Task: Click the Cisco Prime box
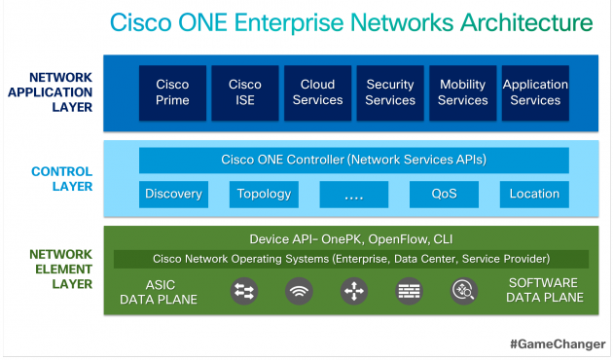(x=172, y=92)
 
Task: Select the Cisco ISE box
(x=245, y=92)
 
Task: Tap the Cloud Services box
(x=317, y=92)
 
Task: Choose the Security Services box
(x=390, y=92)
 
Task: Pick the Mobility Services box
(x=463, y=92)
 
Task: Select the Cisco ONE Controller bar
(x=354, y=160)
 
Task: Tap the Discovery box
(x=173, y=194)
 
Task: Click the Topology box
(x=264, y=194)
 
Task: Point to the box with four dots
(x=353, y=194)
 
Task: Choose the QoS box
(x=445, y=194)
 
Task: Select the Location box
(x=534, y=194)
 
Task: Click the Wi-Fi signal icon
(x=299, y=290)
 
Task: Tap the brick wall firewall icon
(x=408, y=290)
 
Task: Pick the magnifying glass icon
(x=462, y=290)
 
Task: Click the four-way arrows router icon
(x=353, y=290)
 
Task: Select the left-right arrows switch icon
(x=243, y=290)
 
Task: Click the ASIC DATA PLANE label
(x=158, y=290)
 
